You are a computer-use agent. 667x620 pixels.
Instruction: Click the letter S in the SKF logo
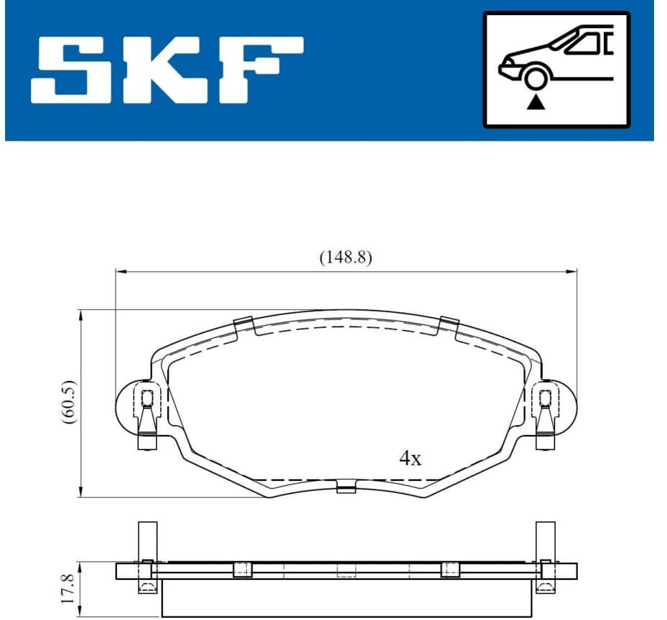click(x=72, y=70)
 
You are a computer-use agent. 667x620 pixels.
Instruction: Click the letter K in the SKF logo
click(x=165, y=70)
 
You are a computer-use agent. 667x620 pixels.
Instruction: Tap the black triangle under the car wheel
click(x=536, y=103)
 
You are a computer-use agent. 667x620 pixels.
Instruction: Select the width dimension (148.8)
click(x=345, y=258)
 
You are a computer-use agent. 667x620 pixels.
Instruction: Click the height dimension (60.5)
click(x=70, y=402)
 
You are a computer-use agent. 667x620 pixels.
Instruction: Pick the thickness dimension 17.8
click(x=68, y=588)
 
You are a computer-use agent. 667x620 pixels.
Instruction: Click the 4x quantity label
click(x=410, y=458)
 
